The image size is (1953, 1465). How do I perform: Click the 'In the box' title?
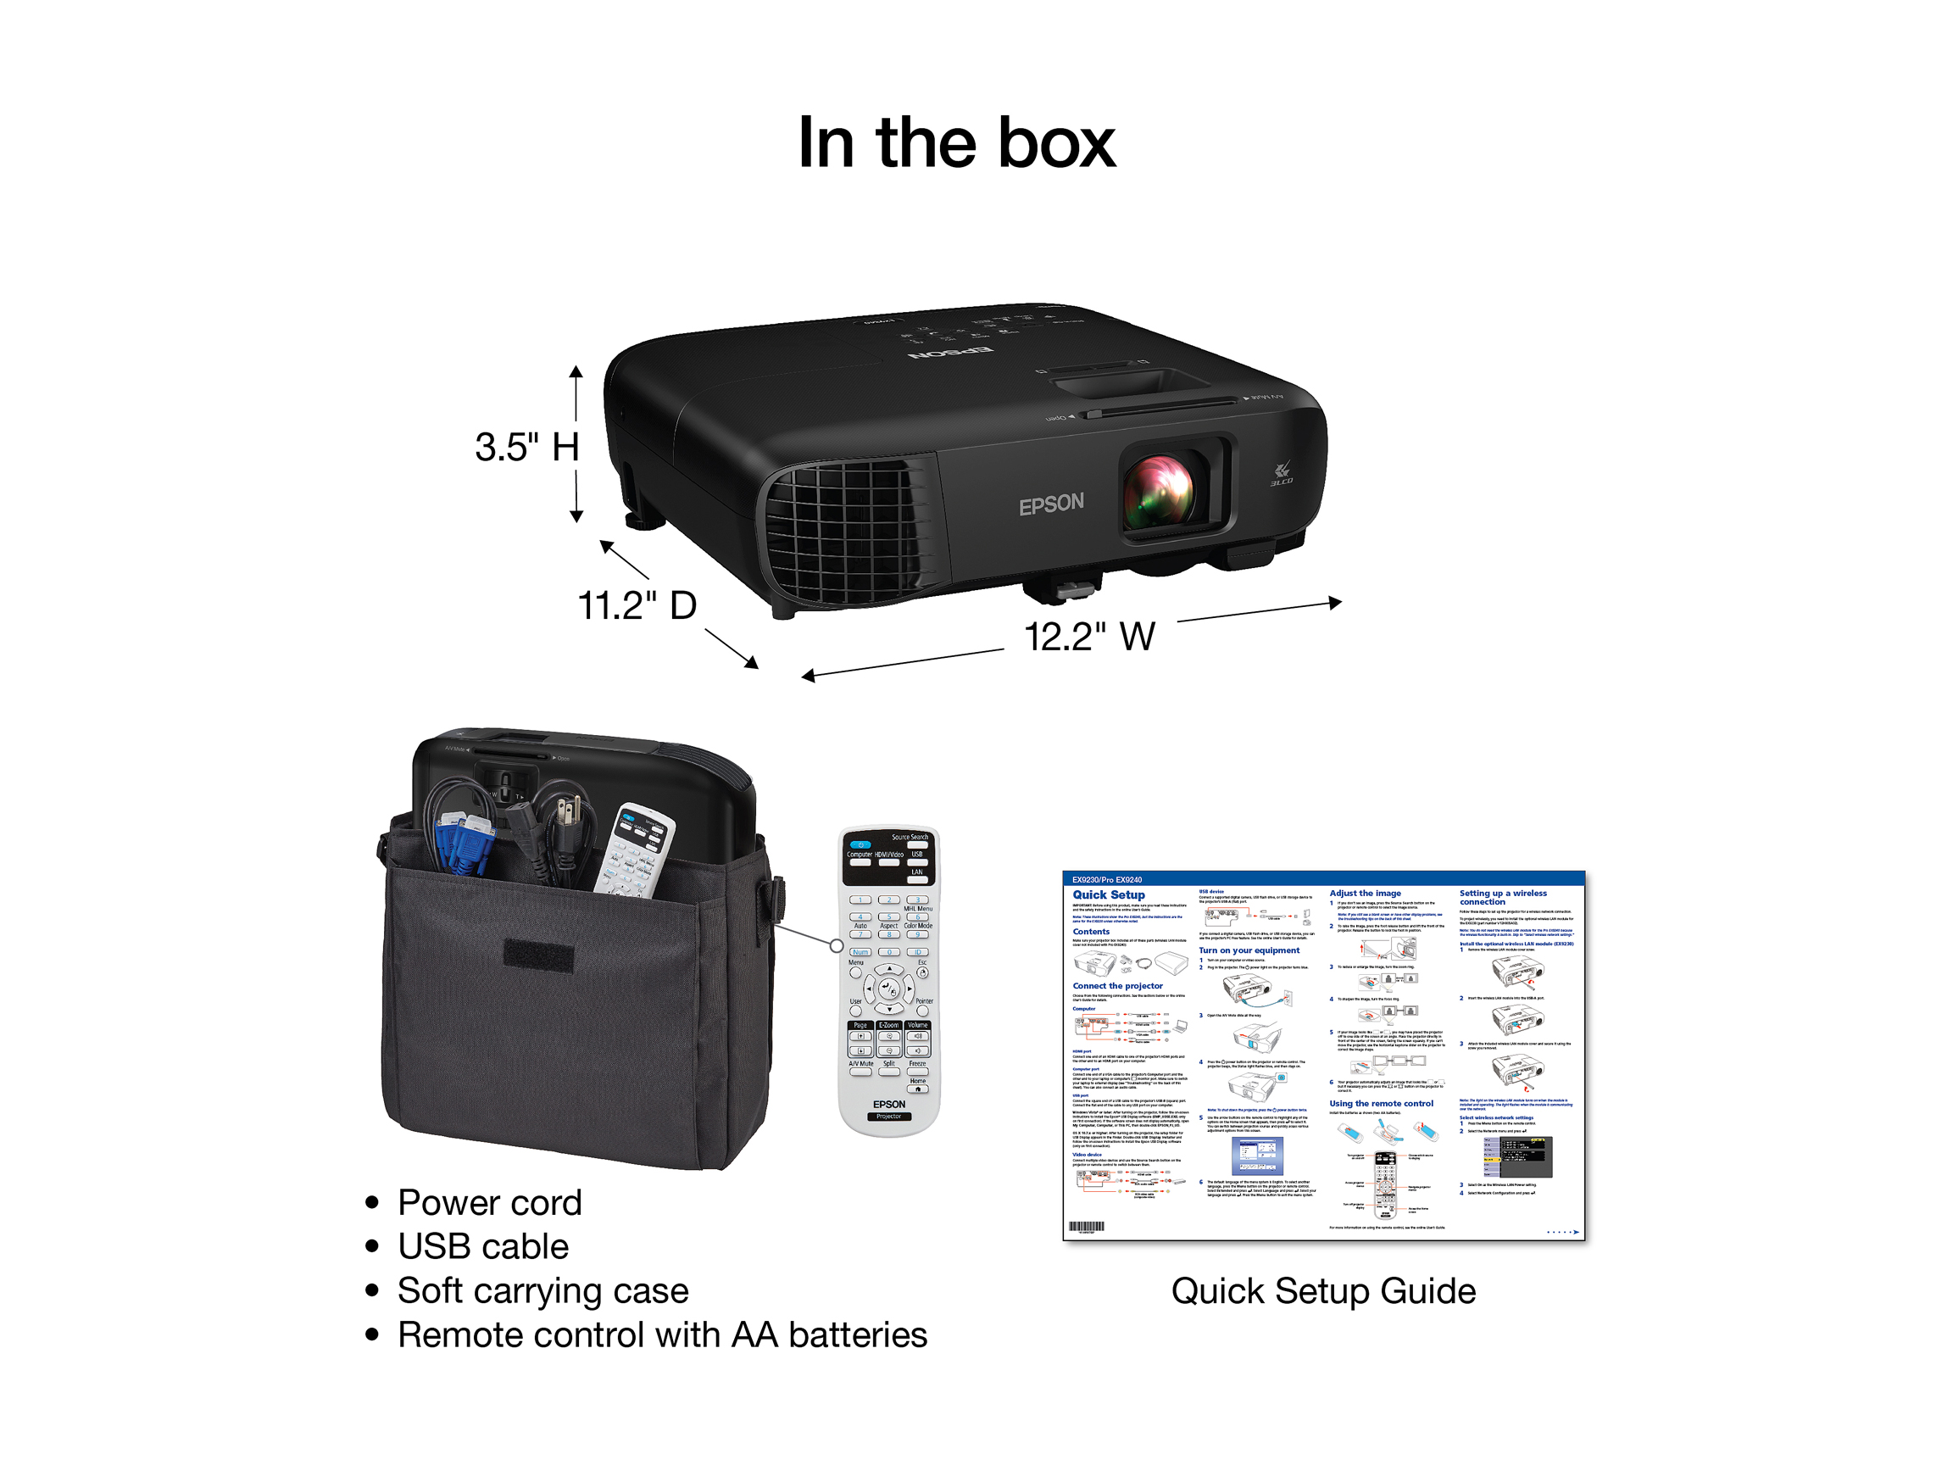tap(956, 143)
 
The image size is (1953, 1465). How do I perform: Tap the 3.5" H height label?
tap(527, 447)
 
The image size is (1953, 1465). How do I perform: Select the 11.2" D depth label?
tap(637, 606)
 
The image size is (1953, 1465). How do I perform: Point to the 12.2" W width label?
tap(1088, 637)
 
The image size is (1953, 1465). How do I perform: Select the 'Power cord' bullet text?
tap(489, 1203)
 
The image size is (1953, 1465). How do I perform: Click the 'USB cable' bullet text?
tap(483, 1247)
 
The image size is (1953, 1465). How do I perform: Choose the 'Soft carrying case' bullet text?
tap(542, 1291)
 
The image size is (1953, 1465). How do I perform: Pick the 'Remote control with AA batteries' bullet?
tap(662, 1335)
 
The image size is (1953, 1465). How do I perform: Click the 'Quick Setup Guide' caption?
tap(1322, 1291)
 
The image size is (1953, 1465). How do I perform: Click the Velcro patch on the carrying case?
tap(537, 955)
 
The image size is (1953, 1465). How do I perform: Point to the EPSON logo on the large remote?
tap(889, 1104)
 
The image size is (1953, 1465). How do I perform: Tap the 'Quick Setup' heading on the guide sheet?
tap(1108, 894)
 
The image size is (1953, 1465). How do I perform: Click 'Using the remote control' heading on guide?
tap(1381, 1104)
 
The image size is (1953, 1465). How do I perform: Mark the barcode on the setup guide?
tap(1086, 1227)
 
